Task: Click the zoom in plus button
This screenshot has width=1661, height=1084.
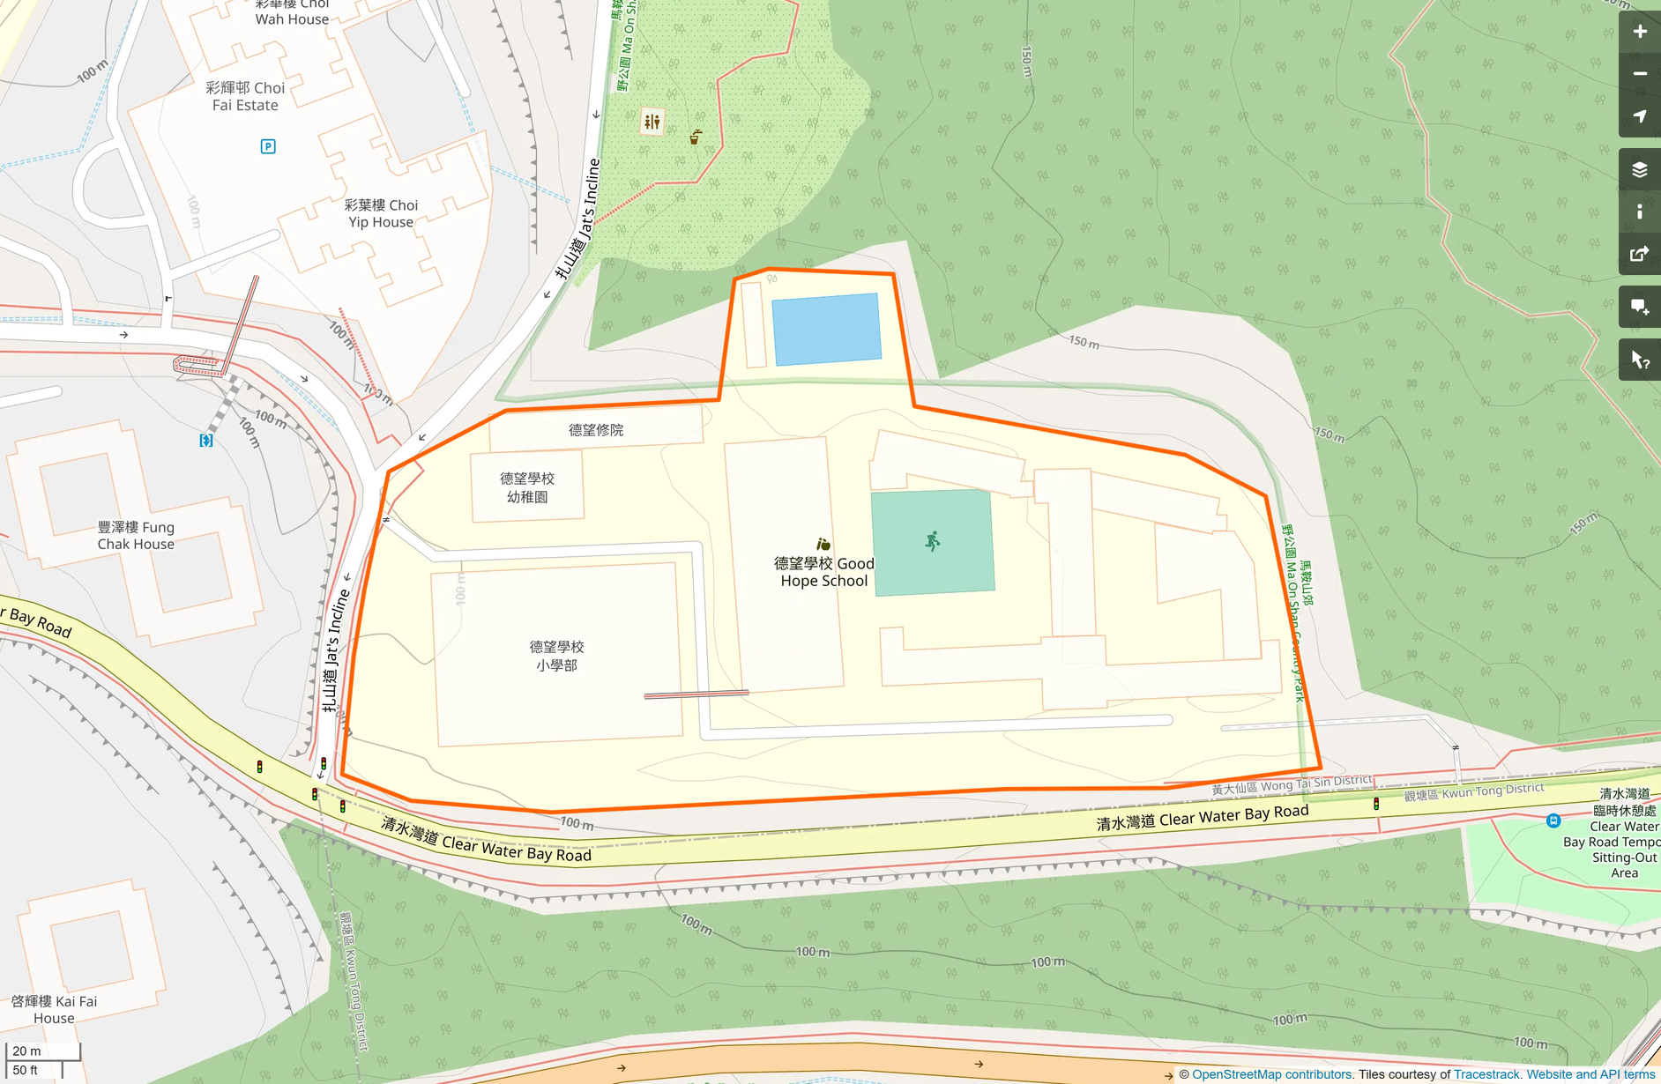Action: pos(1639,32)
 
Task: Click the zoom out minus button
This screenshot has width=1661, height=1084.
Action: pos(1639,74)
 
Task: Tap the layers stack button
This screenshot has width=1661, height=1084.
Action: pos(1639,169)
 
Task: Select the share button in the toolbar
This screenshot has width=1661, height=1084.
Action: pos(1639,254)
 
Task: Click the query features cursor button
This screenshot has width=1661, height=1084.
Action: pos(1639,360)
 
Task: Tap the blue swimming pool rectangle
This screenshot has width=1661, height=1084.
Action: pos(826,329)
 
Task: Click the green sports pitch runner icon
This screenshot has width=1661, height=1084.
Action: pos(933,541)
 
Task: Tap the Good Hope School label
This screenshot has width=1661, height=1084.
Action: pos(823,572)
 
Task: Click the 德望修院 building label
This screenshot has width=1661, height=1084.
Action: pos(596,430)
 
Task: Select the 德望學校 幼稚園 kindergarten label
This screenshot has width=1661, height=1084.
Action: pos(527,487)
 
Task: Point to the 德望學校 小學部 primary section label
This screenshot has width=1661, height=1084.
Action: pos(556,656)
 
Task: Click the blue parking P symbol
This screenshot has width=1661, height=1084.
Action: pos(268,146)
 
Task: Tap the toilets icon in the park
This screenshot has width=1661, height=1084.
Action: pos(652,122)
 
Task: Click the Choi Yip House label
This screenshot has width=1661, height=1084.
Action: pos(381,213)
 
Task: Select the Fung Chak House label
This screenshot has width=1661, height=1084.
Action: pos(136,536)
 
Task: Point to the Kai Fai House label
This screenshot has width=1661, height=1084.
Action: pos(54,1009)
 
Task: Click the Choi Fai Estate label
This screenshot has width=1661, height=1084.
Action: pos(245,96)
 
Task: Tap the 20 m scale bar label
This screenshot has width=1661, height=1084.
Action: pos(26,1051)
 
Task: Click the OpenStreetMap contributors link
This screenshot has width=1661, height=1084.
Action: pos(1271,1074)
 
